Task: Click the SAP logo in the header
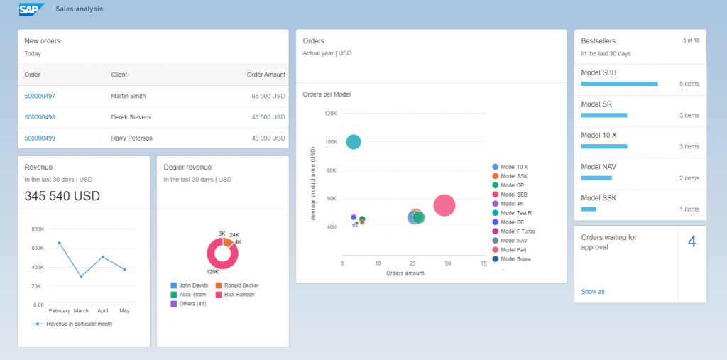point(31,9)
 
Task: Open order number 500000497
point(40,96)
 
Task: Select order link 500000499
point(40,138)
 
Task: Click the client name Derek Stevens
point(131,117)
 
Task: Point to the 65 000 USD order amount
point(268,96)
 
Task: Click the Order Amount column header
point(266,75)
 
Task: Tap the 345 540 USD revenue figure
point(62,196)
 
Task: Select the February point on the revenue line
point(59,243)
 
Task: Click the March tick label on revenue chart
point(81,311)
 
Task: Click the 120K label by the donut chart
point(212,272)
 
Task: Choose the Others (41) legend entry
point(188,304)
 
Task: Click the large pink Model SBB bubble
point(444,205)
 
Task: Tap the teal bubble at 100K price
point(353,142)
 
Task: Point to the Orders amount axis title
point(405,273)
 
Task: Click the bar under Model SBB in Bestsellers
point(619,84)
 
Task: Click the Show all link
point(593,292)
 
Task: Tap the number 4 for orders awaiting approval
point(692,242)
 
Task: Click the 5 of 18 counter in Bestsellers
point(691,40)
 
